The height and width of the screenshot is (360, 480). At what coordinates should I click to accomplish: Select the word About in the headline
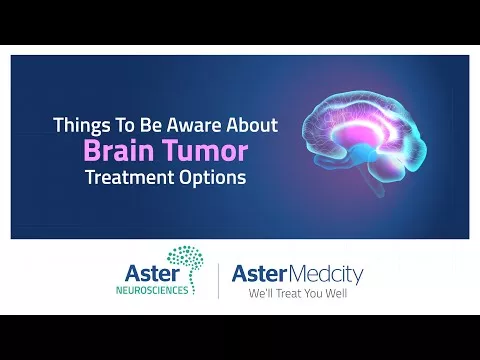click(252, 125)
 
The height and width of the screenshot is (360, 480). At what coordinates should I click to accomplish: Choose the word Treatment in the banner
click(131, 177)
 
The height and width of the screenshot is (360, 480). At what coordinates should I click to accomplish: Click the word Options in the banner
click(213, 178)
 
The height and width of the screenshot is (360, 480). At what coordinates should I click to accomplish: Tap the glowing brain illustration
click(364, 142)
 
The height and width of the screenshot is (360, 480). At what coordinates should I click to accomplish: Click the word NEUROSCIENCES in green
click(152, 290)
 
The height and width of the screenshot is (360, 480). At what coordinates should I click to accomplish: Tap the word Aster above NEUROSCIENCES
click(152, 273)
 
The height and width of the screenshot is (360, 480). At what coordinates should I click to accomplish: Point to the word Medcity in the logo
click(325, 274)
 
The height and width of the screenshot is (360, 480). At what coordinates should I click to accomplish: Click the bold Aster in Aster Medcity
click(259, 274)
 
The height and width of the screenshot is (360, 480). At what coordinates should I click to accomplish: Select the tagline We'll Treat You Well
click(298, 294)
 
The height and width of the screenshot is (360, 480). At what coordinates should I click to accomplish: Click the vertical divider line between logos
click(218, 281)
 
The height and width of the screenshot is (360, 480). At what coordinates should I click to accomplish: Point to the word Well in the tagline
click(336, 294)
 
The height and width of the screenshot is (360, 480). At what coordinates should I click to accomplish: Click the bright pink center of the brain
click(353, 135)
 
